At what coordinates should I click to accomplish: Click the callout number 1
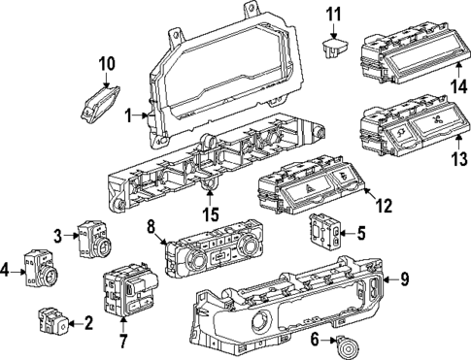coord(127,114)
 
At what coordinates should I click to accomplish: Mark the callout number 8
coord(151,229)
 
